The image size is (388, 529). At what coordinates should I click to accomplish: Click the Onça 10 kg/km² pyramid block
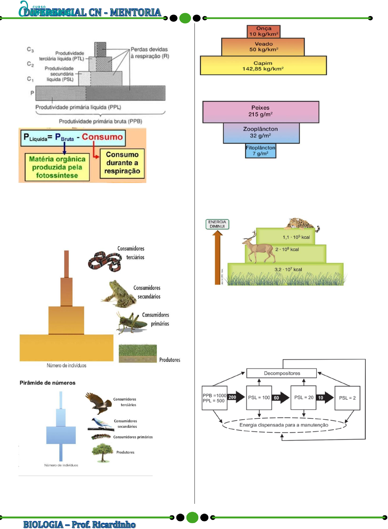click(263, 31)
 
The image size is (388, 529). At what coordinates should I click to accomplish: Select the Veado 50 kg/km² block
click(263, 47)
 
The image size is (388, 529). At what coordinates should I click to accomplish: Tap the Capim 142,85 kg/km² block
click(263, 66)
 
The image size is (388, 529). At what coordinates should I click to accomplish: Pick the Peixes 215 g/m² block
click(261, 112)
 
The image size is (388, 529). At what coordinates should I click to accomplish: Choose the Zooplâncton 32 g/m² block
click(261, 133)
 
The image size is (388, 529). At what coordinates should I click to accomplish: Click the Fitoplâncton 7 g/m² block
click(261, 151)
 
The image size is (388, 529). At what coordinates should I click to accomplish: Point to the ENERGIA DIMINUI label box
click(217, 224)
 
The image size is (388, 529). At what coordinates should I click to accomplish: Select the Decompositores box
click(282, 373)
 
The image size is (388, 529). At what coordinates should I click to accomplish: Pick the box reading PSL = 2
click(347, 398)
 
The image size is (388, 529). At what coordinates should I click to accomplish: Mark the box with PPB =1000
click(214, 398)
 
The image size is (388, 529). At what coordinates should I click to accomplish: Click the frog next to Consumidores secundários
click(118, 294)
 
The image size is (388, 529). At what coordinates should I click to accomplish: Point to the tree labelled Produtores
click(103, 452)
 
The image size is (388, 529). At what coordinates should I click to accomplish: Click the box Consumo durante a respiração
click(122, 163)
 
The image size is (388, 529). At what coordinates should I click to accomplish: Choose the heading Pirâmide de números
click(47, 383)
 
